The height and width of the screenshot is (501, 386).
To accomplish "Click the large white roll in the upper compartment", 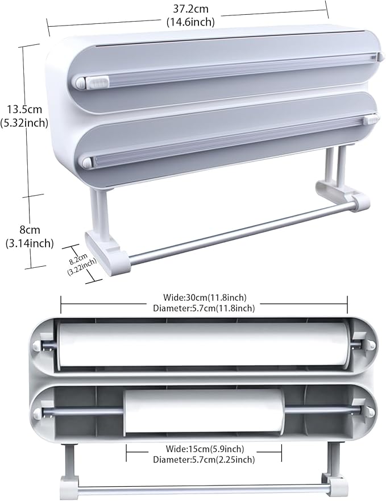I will pyautogui.click(x=204, y=345).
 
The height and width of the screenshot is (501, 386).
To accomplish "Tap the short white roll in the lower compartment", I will pyautogui.click(x=204, y=411).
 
